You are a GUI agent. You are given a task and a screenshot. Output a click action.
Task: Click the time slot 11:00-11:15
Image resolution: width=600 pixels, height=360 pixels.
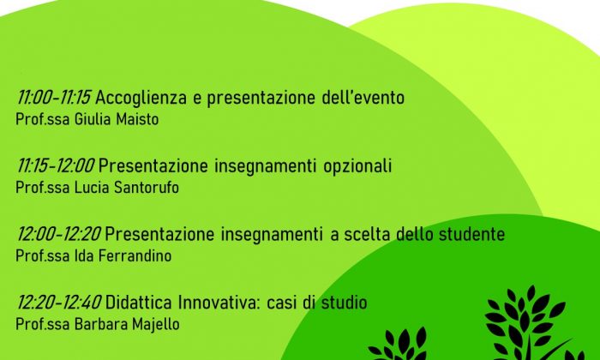pyautogui.click(x=53, y=98)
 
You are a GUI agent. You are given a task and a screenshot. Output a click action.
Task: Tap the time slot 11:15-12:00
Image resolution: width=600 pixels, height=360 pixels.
pyautogui.click(x=56, y=166)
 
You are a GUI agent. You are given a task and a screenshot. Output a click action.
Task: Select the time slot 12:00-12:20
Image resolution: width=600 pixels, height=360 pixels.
pyautogui.click(x=58, y=234)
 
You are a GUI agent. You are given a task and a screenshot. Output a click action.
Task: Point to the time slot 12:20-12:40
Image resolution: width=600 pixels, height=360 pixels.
pyautogui.click(x=58, y=303)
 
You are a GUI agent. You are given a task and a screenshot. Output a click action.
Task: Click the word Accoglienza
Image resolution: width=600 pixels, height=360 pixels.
pyautogui.click(x=141, y=99)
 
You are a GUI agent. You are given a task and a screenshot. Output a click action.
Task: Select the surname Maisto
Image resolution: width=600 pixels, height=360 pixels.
pyautogui.click(x=137, y=119)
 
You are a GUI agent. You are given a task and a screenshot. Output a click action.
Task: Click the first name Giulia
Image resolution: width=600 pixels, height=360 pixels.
pyautogui.click(x=93, y=119)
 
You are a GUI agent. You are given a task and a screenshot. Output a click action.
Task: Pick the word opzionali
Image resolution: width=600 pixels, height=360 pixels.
pyautogui.click(x=357, y=167)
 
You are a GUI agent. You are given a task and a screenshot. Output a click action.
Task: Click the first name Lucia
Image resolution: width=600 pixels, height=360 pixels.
pyautogui.click(x=87, y=188)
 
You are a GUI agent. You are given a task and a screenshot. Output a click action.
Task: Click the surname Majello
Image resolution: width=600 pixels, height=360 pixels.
pyautogui.click(x=156, y=324)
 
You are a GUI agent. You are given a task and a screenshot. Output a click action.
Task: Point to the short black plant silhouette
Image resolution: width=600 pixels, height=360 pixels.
pyautogui.click(x=399, y=345)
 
